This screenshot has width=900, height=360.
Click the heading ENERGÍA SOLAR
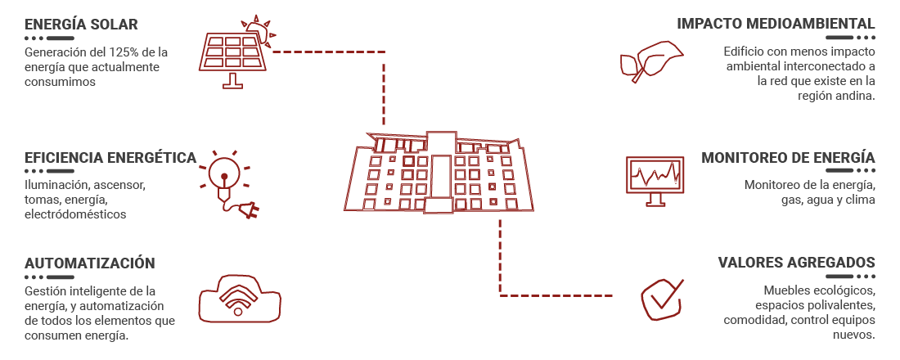tap(81, 24)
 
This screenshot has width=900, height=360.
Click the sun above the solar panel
tap(258, 29)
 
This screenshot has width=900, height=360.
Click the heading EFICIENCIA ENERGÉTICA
tap(110, 157)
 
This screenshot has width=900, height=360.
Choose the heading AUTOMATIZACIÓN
tap(89, 263)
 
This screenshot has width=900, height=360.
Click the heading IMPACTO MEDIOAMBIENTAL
tap(776, 24)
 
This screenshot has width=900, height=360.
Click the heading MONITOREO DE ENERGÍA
tap(788, 157)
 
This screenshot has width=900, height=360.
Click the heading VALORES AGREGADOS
tap(797, 263)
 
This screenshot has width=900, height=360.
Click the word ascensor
tap(120, 186)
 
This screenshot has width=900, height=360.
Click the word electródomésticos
tap(76, 214)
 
